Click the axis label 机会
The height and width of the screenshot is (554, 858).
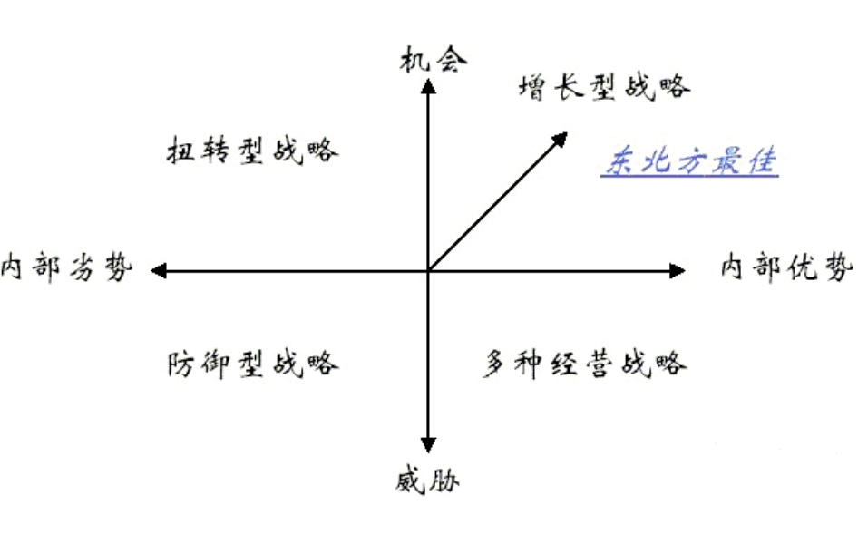pyautogui.click(x=433, y=61)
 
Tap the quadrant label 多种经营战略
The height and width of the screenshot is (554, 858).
pyautogui.click(x=584, y=364)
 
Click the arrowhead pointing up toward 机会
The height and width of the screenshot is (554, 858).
pyautogui.click(x=428, y=85)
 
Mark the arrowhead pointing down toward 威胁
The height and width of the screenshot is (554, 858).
pyautogui.click(x=428, y=444)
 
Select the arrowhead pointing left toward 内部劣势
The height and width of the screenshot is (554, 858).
pyautogui.click(x=158, y=270)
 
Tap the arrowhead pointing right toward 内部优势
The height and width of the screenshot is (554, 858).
pyautogui.click(x=677, y=270)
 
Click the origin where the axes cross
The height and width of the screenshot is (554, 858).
pyautogui.click(x=428, y=270)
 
